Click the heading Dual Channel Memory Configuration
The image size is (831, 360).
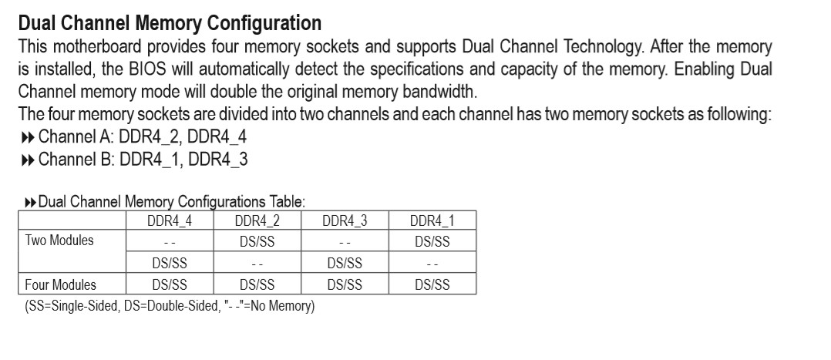(170, 20)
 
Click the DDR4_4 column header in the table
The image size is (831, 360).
(169, 221)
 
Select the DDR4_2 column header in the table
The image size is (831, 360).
(257, 221)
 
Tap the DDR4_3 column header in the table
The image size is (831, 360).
(345, 221)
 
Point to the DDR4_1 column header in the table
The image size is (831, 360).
(432, 221)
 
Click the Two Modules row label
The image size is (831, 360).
(59, 241)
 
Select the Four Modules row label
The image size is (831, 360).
(60, 284)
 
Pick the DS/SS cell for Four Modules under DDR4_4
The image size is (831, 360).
(169, 285)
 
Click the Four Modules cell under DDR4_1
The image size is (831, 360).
(432, 285)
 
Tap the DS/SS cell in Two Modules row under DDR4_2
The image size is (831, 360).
(257, 241)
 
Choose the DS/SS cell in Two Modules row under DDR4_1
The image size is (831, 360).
(432, 241)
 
